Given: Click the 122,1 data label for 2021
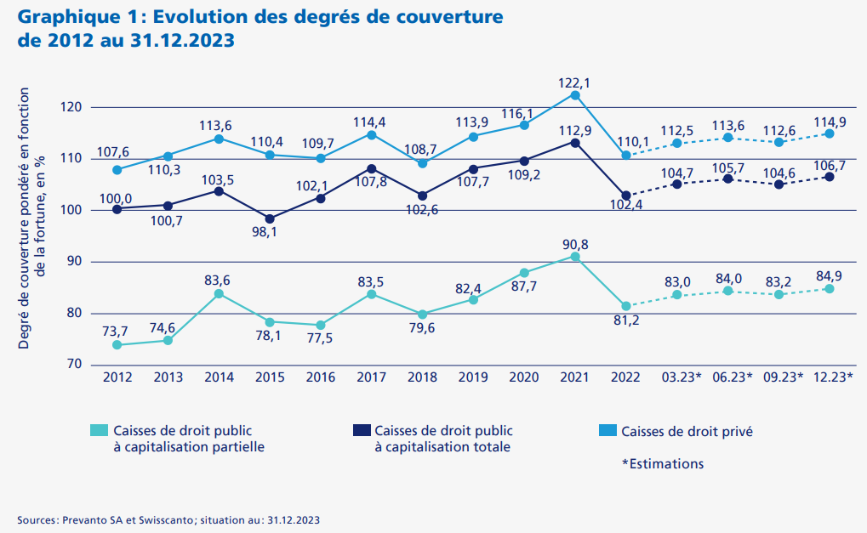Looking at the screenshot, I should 575,83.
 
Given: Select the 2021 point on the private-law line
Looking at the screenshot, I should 575,95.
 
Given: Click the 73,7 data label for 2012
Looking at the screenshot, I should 116,331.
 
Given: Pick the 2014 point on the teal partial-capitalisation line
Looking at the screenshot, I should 219,293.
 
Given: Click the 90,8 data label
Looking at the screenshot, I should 575,245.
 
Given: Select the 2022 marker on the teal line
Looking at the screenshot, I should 626,306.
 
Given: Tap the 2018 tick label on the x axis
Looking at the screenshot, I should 422,377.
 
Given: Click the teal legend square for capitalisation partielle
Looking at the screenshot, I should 100,431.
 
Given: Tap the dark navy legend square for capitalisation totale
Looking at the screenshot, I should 361,431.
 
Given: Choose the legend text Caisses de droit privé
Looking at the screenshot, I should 687,432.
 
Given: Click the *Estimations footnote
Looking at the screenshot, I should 663,463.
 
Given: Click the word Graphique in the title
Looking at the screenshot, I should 53,17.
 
